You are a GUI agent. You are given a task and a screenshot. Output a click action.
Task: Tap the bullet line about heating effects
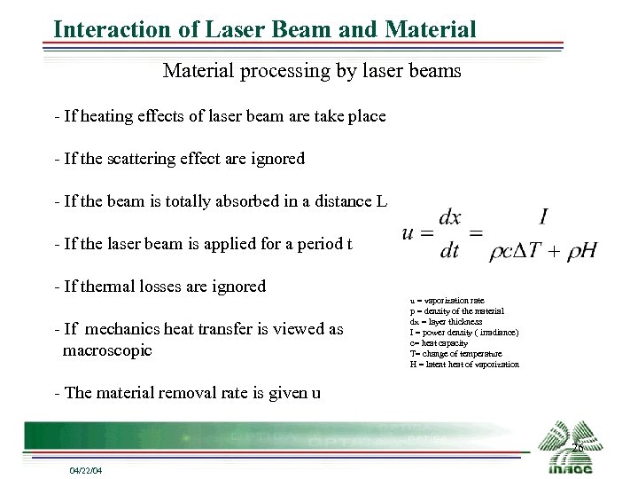pyautogui.click(x=220, y=116)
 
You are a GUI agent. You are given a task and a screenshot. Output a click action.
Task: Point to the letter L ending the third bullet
pyautogui.click(x=382, y=201)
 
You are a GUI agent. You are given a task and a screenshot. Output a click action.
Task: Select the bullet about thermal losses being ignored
pyautogui.click(x=159, y=287)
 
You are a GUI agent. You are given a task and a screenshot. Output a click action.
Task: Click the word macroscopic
pyautogui.click(x=107, y=350)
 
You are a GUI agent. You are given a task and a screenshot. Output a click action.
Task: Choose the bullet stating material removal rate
pyautogui.click(x=187, y=393)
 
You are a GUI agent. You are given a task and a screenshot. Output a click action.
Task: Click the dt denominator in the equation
pyautogui.click(x=450, y=251)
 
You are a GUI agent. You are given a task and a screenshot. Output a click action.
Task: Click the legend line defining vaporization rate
pyautogui.click(x=447, y=301)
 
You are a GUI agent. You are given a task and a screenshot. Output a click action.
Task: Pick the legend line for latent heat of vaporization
pyautogui.click(x=464, y=365)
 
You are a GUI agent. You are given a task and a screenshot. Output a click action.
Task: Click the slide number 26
pyautogui.click(x=577, y=448)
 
